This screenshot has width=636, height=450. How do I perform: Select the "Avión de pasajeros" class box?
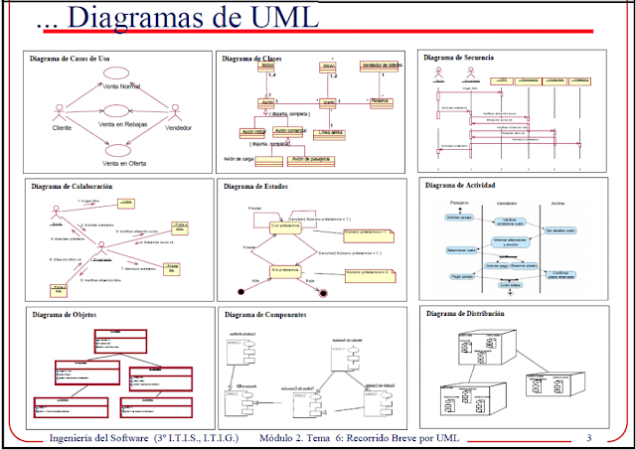[311, 158]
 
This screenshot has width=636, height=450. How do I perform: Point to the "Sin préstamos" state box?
[285, 269]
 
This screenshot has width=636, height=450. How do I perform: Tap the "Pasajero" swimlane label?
[458, 202]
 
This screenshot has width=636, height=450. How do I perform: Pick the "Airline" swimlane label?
[557, 202]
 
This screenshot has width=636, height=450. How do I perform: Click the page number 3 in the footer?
[588, 438]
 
